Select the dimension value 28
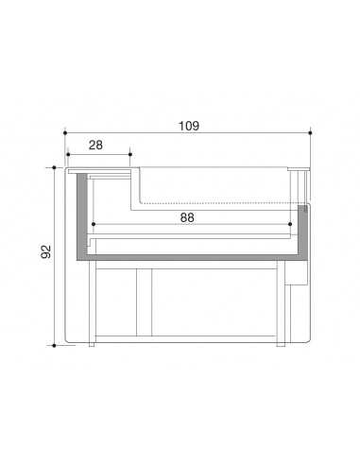pos(96,144)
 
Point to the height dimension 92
pos(46,253)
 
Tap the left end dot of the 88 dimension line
pos(93,225)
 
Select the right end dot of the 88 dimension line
pos(290,225)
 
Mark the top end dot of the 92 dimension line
pos(54,168)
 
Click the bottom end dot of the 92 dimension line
pos(54,345)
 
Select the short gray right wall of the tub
pos(303,227)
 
